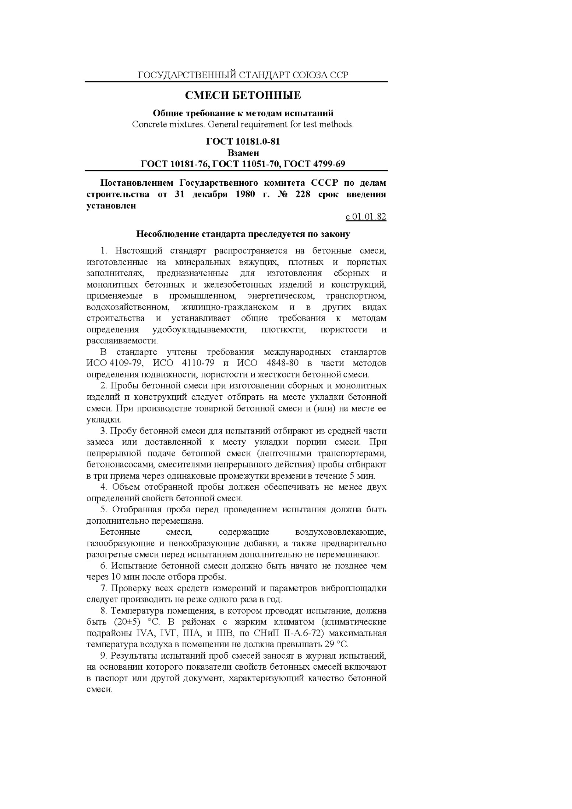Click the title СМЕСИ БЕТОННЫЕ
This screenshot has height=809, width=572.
tap(243, 96)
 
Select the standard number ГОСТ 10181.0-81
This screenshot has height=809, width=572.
tap(243, 142)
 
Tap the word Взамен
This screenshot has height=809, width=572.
tap(243, 153)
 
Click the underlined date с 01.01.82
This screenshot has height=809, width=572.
tap(366, 217)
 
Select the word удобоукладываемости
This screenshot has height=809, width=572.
tap(199, 329)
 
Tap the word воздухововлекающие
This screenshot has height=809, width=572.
tap(340, 532)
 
